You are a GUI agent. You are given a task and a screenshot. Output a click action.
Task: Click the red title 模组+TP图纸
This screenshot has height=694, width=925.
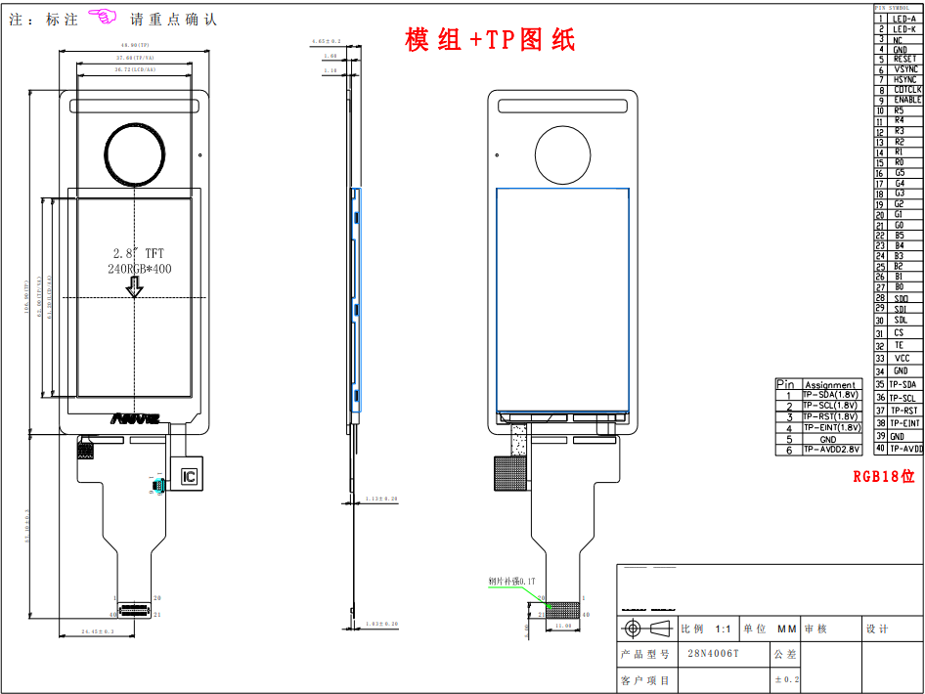pos(490,40)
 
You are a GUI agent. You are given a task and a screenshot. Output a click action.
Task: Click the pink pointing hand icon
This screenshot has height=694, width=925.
pos(102,17)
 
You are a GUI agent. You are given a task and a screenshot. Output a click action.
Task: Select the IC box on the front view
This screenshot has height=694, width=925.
pos(189,477)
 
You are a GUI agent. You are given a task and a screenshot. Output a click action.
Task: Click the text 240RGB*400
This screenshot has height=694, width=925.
pos(139,268)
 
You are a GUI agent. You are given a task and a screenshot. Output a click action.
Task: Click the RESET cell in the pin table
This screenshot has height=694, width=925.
pos(904,60)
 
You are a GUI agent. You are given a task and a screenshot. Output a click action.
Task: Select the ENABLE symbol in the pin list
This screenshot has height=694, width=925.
pos(906,101)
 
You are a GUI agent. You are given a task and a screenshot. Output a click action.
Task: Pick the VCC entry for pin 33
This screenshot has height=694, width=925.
pos(902,359)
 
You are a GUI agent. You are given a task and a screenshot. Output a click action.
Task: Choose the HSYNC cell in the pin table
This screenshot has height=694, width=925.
pos(904,80)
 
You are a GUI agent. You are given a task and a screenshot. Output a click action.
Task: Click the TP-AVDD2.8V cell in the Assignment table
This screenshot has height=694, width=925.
pos(830,450)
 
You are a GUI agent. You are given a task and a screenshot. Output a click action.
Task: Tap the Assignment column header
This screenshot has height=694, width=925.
pos(830,385)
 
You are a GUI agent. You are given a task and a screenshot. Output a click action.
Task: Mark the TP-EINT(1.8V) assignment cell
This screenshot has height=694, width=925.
pos(830,428)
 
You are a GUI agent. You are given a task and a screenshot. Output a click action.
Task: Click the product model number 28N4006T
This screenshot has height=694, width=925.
pos(713,654)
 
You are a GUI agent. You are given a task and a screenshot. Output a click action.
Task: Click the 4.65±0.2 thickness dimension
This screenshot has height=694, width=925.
pos(326,42)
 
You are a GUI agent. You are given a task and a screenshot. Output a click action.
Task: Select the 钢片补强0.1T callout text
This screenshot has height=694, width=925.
pos(512,582)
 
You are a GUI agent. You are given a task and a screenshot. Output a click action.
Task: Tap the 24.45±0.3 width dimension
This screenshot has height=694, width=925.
pos(95,632)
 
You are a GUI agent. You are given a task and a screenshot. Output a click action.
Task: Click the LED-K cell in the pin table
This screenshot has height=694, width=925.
pos(904,29)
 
